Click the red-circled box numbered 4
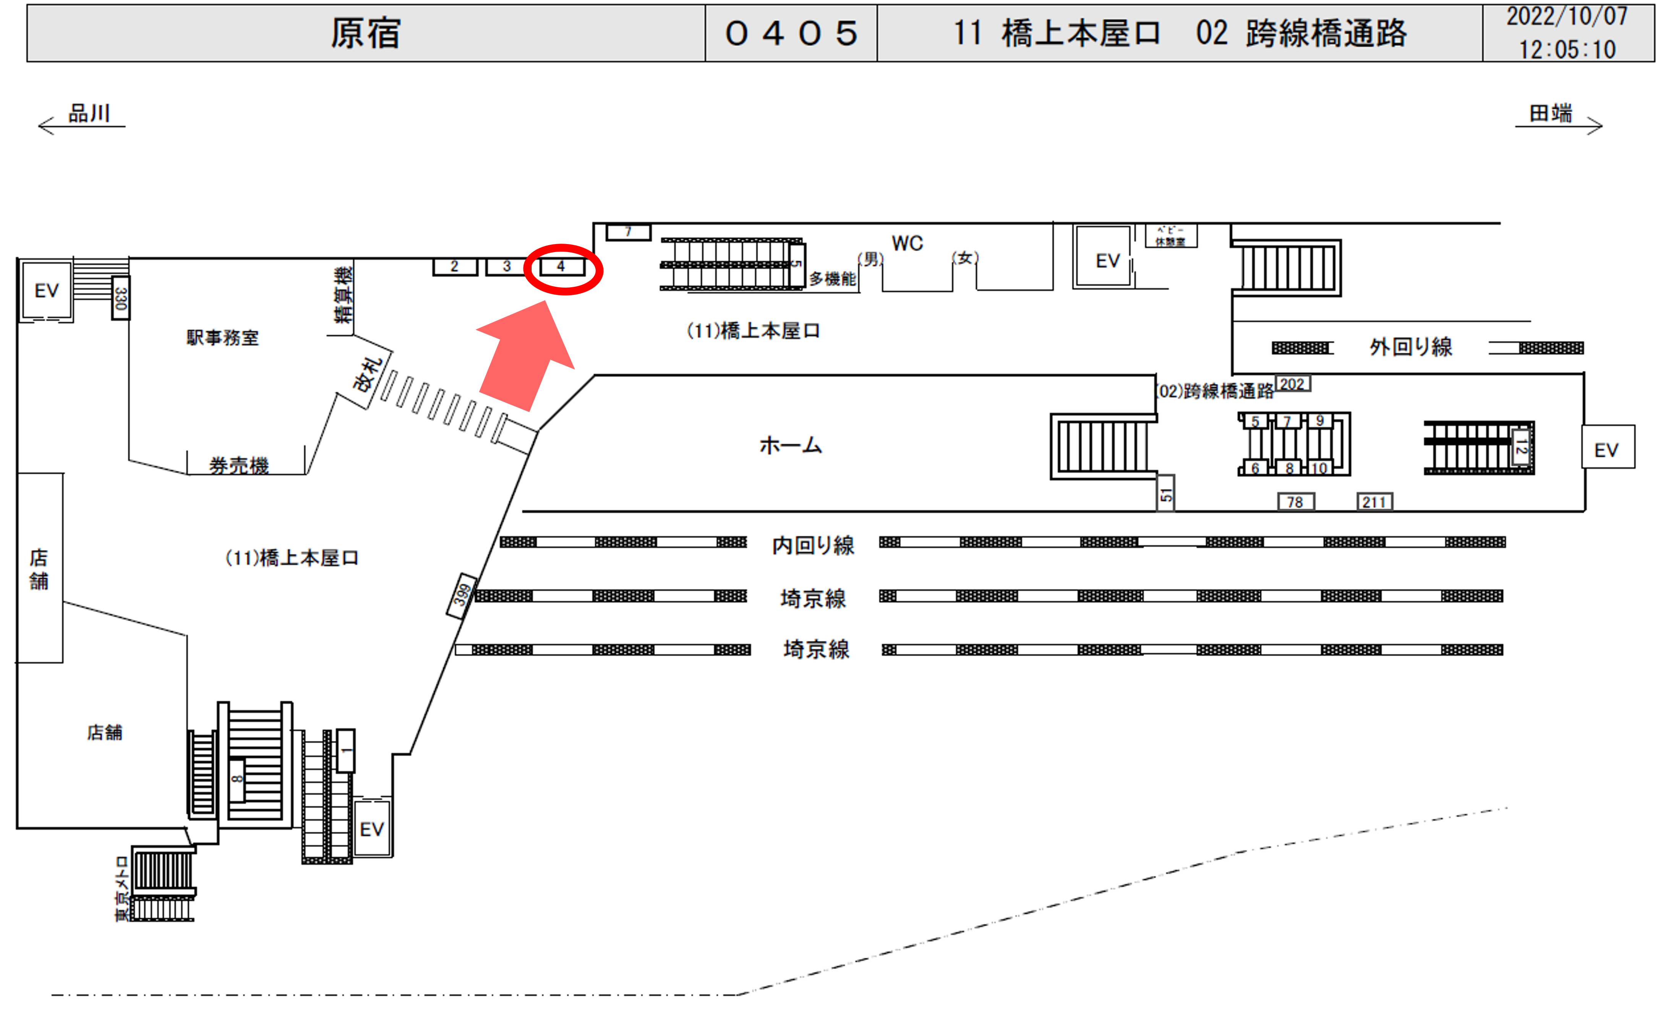(561, 267)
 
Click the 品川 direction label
(89, 113)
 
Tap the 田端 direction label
(1550, 113)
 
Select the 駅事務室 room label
(222, 337)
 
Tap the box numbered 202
(1292, 384)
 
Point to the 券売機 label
(239, 465)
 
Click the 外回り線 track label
(1411, 347)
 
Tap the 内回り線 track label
(814, 545)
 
